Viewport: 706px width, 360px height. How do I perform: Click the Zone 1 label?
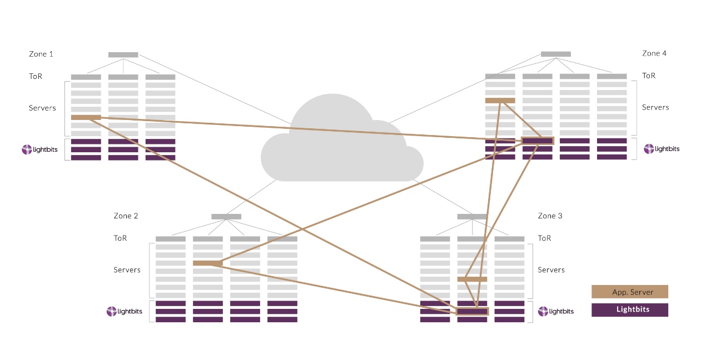[x=41, y=54]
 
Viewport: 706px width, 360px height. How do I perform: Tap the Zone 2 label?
[x=126, y=216]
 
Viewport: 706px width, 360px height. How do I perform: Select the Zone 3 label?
[x=550, y=216]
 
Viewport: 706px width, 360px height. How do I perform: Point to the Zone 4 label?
[x=654, y=54]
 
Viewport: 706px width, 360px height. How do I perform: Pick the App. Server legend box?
[x=629, y=292]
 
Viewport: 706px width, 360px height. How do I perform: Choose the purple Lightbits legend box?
[x=629, y=309]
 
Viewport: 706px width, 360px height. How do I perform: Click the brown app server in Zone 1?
[x=86, y=117]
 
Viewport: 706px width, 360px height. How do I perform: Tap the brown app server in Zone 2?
[x=207, y=263]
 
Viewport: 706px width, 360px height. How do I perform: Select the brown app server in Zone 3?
[x=472, y=279]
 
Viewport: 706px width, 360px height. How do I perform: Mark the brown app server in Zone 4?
[x=500, y=101]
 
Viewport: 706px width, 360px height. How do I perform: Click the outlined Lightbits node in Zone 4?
[x=538, y=141]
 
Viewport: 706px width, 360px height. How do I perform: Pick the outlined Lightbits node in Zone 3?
[x=472, y=311]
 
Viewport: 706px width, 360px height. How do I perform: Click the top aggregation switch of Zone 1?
[x=123, y=55]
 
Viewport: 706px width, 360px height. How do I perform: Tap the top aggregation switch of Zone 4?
[x=555, y=54]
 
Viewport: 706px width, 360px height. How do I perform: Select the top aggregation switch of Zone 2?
[x=226, y=217]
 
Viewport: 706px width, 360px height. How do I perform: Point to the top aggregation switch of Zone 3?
[x=472, y=217]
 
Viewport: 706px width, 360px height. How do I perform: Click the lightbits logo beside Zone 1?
[x=38, y=149]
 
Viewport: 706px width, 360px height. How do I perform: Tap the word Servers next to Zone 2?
[x=127, y=270]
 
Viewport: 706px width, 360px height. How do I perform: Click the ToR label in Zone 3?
[x=544, y=238]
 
